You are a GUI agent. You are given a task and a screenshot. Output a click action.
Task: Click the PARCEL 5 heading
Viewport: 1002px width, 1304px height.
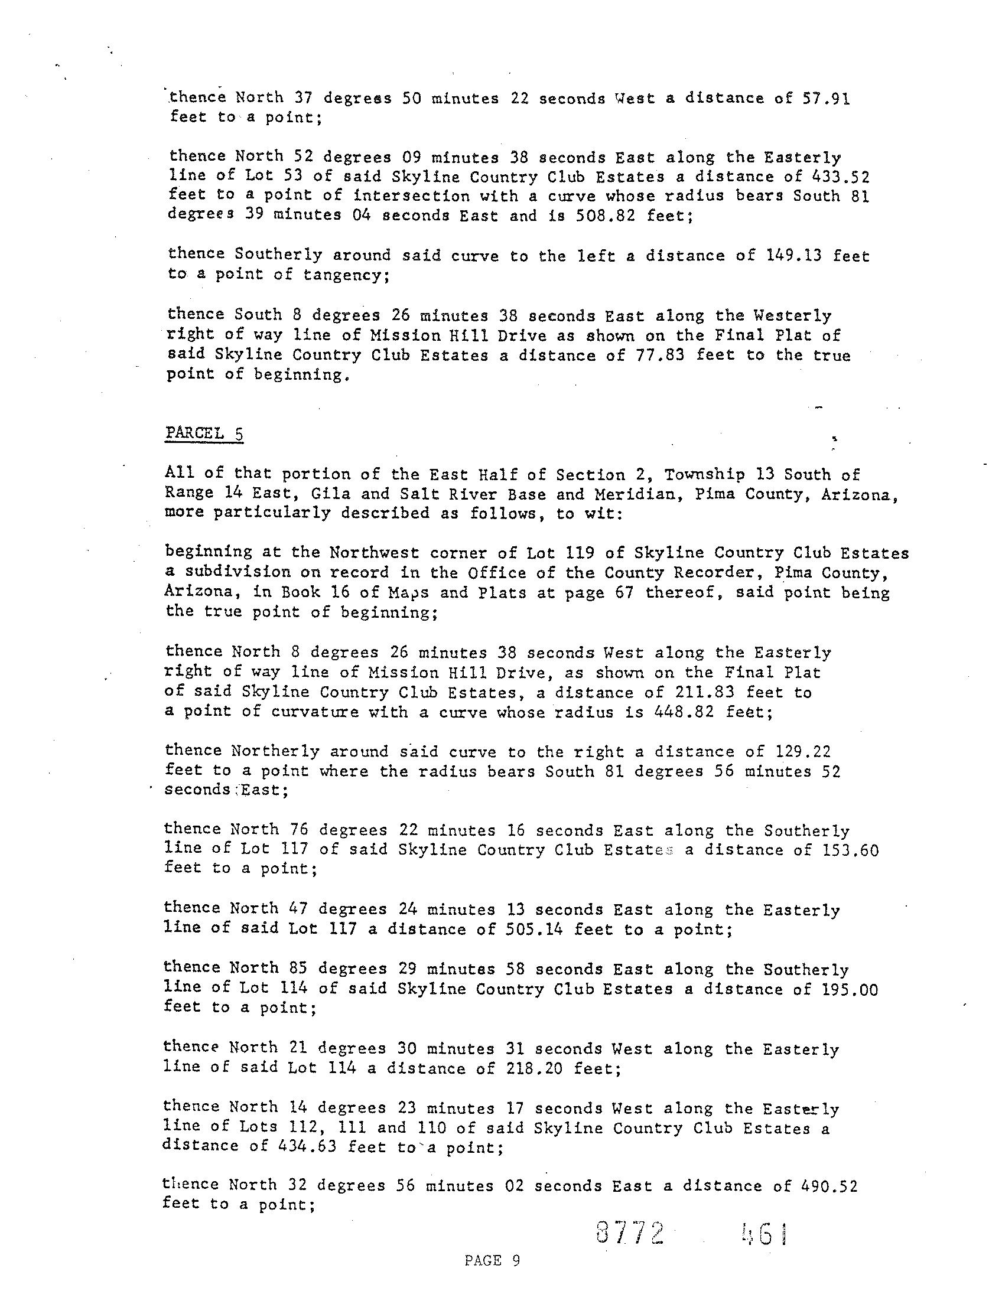click(x=204, y=433)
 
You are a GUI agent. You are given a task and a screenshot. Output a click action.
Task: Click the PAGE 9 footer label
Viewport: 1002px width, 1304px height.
click(x=492, y=1260)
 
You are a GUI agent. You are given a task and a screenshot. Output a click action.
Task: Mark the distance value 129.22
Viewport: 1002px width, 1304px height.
click(x=803, y=751)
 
